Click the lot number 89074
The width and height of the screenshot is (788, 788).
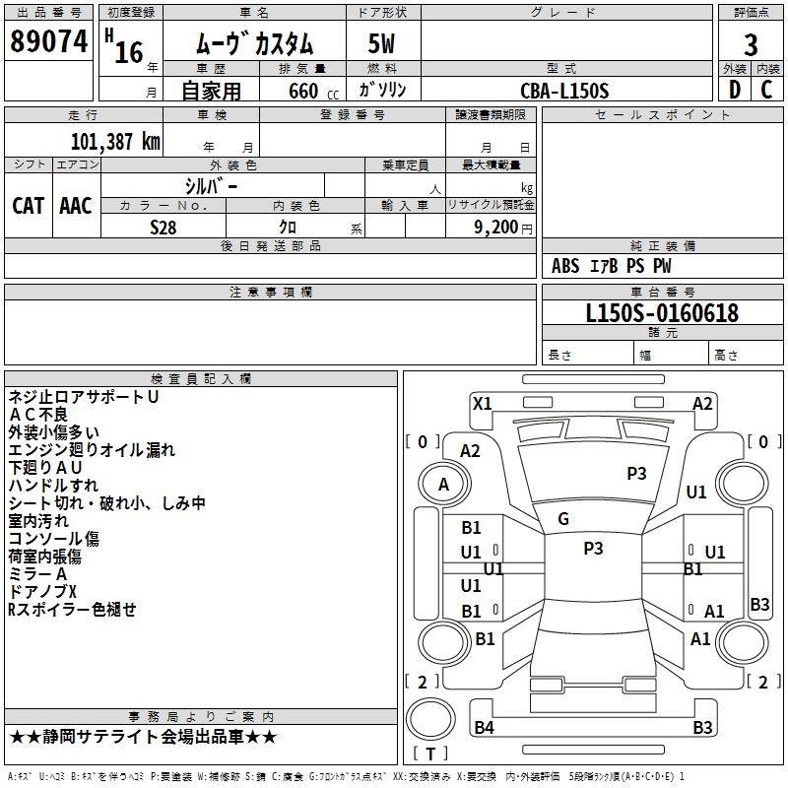click(48, 42)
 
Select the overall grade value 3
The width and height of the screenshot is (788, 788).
click(751, 44)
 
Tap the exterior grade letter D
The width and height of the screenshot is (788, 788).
click(734, 90)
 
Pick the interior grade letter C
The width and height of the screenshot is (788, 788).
click(766, 90)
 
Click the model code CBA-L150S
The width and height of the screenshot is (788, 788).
click(564, 91)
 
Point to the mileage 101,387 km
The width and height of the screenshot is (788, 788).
click(115, 141)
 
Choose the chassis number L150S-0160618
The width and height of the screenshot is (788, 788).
click(662, 313)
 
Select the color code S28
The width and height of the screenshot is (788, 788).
click(163, 226)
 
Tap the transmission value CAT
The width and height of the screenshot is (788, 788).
click(28, 205)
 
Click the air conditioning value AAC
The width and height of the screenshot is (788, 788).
click(76, 205)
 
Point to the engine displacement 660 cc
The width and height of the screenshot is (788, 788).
click(302, 91)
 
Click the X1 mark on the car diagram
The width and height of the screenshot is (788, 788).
click(483, 403)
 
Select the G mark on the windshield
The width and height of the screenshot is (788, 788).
click(563, 519)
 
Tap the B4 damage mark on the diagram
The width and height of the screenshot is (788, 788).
click(484, 728)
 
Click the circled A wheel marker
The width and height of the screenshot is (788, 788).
click(443, 484)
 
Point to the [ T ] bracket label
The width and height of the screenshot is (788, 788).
click(430, 754)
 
